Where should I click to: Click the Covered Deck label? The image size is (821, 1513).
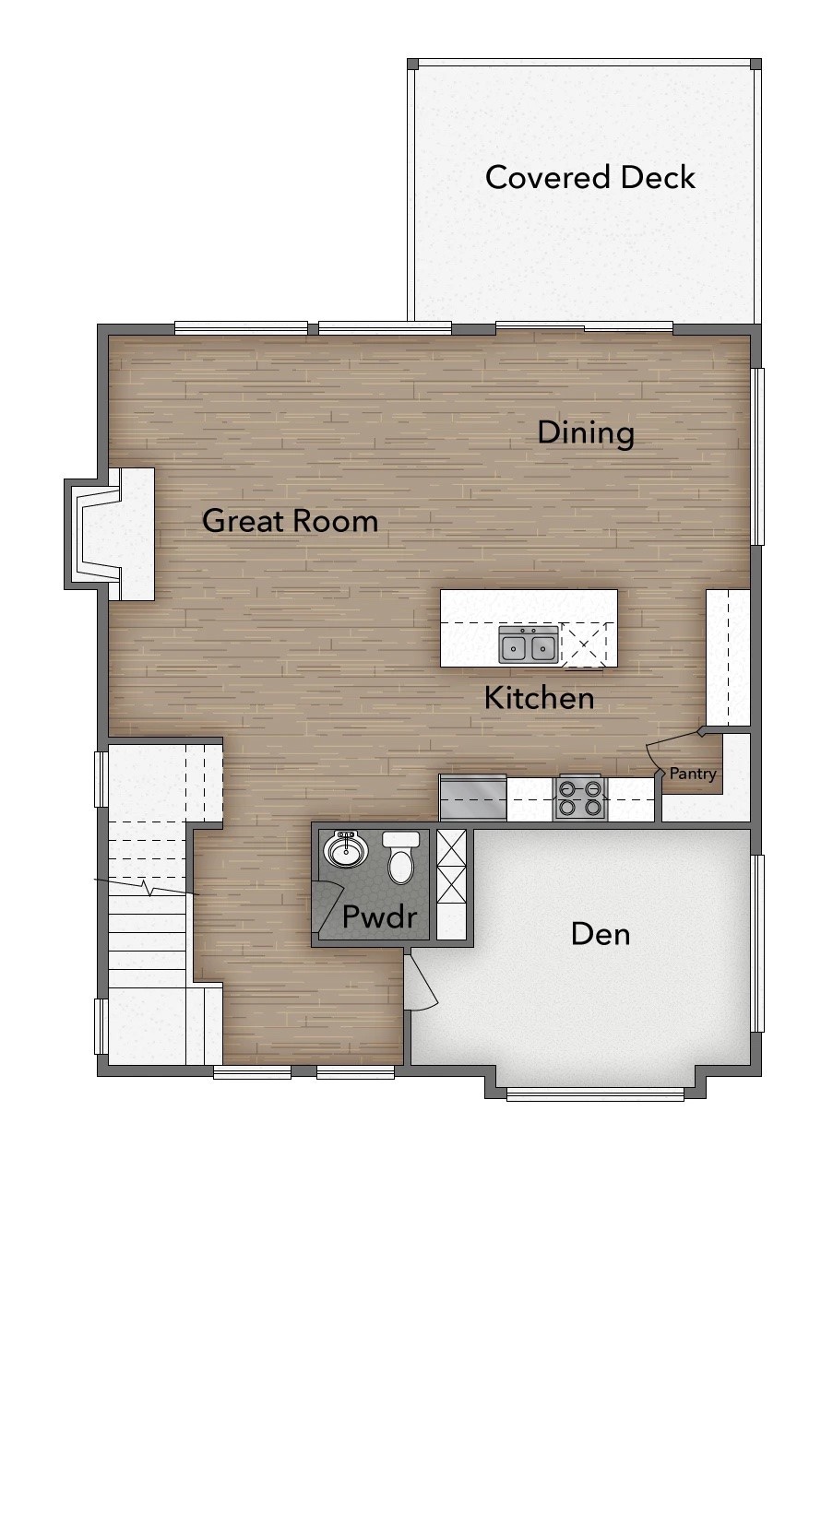pyautogui.click(x=589, y=178)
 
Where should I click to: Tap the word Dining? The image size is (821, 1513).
pyautogui.click(x=586, y=433)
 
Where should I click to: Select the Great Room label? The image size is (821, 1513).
pyautogui.click(x=290, y=522)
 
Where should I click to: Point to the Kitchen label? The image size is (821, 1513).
pyautogui.click(x=540, y=698)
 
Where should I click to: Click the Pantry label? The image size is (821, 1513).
pyautogui.click(x=693, y=774)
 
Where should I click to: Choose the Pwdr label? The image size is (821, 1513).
pyautogui.click(x=380, y=916)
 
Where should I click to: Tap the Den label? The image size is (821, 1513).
pyautogui.click(x=601, y=934)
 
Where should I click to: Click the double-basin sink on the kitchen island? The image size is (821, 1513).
pyautogui.click(x=529, y=644)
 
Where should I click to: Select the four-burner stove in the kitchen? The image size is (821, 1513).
pyautogui.click(x=579, y=798)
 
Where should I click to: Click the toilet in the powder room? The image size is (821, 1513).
pyautogui.click(x=400, y=857)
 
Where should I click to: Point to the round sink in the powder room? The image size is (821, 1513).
pyautogui.click(x=346, y=850)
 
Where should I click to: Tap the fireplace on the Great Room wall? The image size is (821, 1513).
pyautogui.click(x=110, y=534)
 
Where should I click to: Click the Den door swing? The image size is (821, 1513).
pyautogui.click(x=422, y=980)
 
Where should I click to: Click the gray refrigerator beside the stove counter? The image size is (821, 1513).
pyautogui.click(x=473, y=798)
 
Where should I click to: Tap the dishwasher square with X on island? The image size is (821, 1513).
pyautogui.click(x=584, y=644)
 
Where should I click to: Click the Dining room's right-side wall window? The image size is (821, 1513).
pyautogui.click(x=759, y=455)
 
